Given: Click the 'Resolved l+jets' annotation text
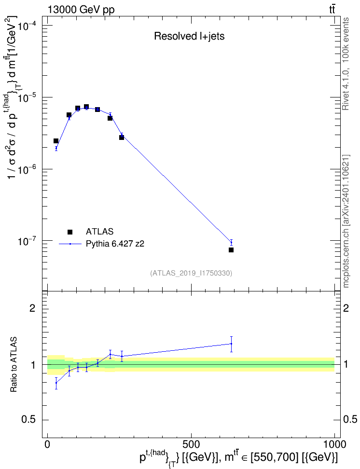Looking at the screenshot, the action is (189, 36).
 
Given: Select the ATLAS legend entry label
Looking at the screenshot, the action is (99, 232).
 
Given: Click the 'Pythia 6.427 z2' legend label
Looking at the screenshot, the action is (115, 244).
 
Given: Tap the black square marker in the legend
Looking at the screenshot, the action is (70, 232).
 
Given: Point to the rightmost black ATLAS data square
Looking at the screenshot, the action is (231, 250).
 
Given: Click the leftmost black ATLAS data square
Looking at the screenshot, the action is (56, 141).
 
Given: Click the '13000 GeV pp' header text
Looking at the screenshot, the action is (81, 10).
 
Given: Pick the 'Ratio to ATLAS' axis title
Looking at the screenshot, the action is (14, 364).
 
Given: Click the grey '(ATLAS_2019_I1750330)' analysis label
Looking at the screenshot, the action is (191, 273).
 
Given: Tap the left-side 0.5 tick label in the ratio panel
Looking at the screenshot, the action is (29, 420).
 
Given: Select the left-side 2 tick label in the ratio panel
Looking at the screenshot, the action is (32, 308).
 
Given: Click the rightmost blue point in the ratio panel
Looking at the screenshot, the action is (231, 344).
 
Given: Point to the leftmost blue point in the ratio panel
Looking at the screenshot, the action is (56, 383).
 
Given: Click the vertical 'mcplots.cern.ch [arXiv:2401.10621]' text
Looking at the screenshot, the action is (346, 221).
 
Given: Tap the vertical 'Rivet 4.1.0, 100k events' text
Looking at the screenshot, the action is (346, 64).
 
